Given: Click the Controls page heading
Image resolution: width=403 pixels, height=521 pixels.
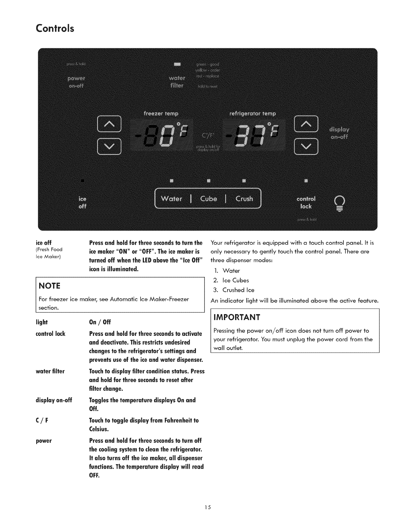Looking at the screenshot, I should pyautogui.click(x=55, y=28).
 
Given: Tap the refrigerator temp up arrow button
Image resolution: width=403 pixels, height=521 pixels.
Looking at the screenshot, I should pyautogui.click(x=306, y=124).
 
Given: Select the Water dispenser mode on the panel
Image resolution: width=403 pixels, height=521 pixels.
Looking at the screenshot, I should pyautogui.click(x=172, y=199).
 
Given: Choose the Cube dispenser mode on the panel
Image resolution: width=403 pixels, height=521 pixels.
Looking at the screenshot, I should pyautogui.click(x=209, y=199).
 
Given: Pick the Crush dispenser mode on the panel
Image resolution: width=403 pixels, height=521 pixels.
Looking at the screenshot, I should pyautogui.click(x=244, y=199).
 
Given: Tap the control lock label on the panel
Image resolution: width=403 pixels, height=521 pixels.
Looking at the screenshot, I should pyautogui.click(x=306, y=203).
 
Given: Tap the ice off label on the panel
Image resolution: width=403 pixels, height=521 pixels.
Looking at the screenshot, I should pyautogui.click(x=82, y=203).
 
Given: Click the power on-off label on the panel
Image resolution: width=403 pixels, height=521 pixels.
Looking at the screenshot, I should pyautogui.click(x=76, y=82).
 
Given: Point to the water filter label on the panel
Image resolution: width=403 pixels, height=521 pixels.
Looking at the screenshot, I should pyautogui.click(x=177, y=82).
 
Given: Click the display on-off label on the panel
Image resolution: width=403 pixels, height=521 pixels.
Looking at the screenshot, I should pyautogui.click(x=339, y=133).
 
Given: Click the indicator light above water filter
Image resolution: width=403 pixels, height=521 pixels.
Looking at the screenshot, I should pyautogui.click(x=177, y=63).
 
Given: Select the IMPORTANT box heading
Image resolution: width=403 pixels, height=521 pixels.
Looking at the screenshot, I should pyautogui.click(x=237, y=317).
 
